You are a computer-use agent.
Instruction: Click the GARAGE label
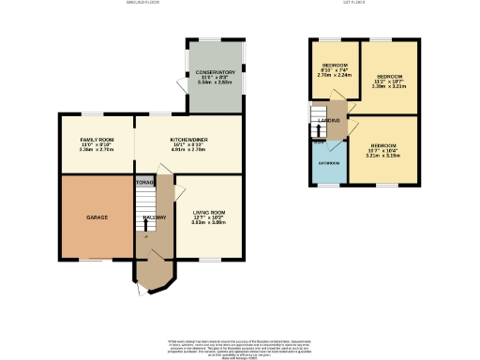pyautogui.click(x=97, y=217)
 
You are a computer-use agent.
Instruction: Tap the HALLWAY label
pyautogui.click(x=155, y=217)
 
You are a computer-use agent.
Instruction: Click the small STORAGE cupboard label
pyautogui.click(x=143, y=181)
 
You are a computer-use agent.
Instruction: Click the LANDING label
pyautogui.click(x=329, y=121)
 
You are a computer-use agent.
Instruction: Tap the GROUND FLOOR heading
pyautogui.click(x=142, y=4)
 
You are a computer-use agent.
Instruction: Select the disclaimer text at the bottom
pyautogui.click(x=239, y=345)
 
